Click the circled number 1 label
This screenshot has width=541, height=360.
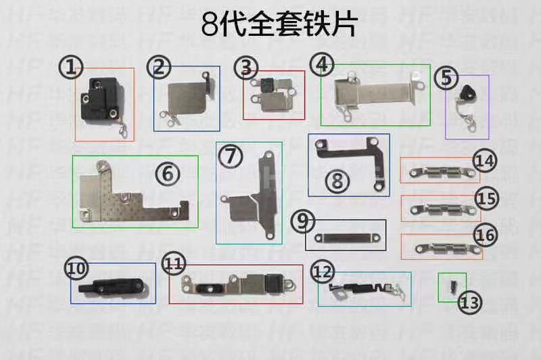(70, 66)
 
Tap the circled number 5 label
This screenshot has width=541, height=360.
(445, 77)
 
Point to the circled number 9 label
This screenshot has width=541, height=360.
(303, 221)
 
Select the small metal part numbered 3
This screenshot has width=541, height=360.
(272, 96)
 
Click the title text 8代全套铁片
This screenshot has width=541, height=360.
(279, 26)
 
